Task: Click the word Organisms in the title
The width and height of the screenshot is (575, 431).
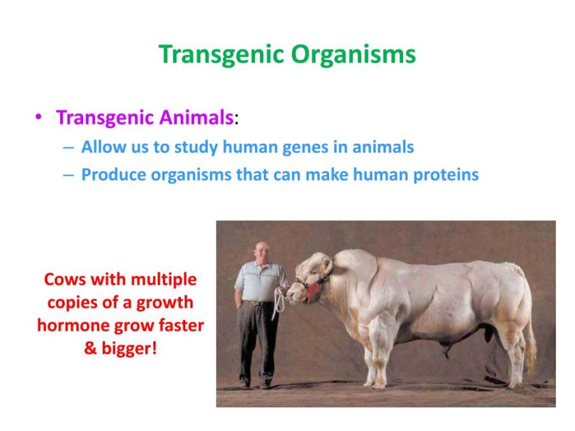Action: pos(353,55)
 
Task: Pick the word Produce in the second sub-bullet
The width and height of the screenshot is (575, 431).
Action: pos(110,175)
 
